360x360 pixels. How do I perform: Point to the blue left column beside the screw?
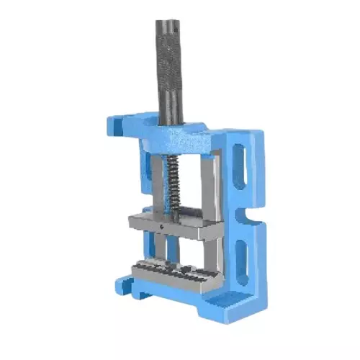pyautogui.click(x=148, y=180)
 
